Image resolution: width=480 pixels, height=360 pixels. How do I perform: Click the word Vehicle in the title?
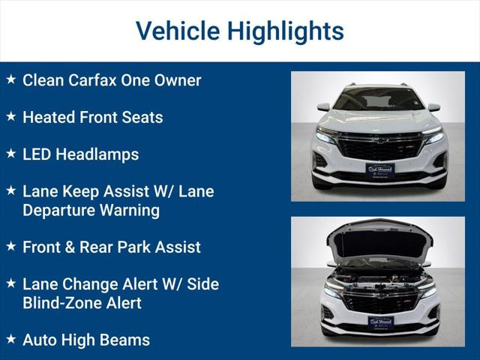(177, 31)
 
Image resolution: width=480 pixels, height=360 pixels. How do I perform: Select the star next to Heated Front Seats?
(10, 116)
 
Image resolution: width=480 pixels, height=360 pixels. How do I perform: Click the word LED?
(37, 154)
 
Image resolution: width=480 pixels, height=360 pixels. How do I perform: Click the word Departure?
(59, 210)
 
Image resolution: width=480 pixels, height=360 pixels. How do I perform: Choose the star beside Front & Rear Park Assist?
(10, 246)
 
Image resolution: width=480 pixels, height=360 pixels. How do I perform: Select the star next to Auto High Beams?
(10, 339)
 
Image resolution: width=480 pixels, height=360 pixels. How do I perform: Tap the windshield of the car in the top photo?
(379, 99)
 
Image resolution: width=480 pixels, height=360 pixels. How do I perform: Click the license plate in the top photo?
(379, 169)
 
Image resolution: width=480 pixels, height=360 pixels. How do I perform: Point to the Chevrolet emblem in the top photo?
(379, 139)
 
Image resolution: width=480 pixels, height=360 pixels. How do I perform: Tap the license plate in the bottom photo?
(380, 322)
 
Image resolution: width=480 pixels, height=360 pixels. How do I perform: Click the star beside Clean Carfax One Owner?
(10, 79)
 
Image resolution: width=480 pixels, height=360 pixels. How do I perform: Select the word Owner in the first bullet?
(178, 80)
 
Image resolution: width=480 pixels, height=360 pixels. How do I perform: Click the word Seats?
(142, 117)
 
